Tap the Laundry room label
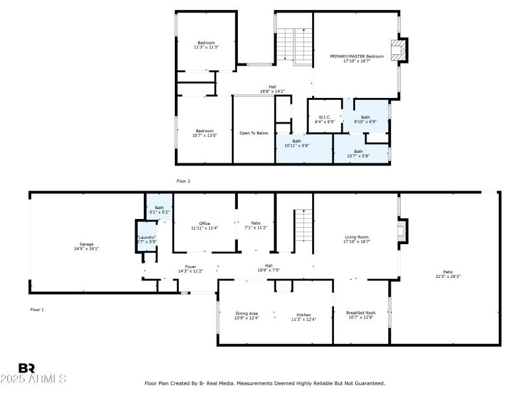(x=146, y=239)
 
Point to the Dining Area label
(x=246, y=316)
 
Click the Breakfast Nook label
(x=360, y=314)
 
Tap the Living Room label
(x=356, y=239)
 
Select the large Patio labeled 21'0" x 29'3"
(x=448, y=273)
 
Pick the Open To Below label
(x=254, y=133)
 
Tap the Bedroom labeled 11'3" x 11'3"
(x=206, y=45)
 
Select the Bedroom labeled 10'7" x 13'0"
(x=204, y=133)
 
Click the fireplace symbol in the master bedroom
(x=397, y=50)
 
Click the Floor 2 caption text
(x=184, y=181)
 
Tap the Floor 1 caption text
(x=37, y=309)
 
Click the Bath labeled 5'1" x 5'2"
(x=159, y=209)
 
